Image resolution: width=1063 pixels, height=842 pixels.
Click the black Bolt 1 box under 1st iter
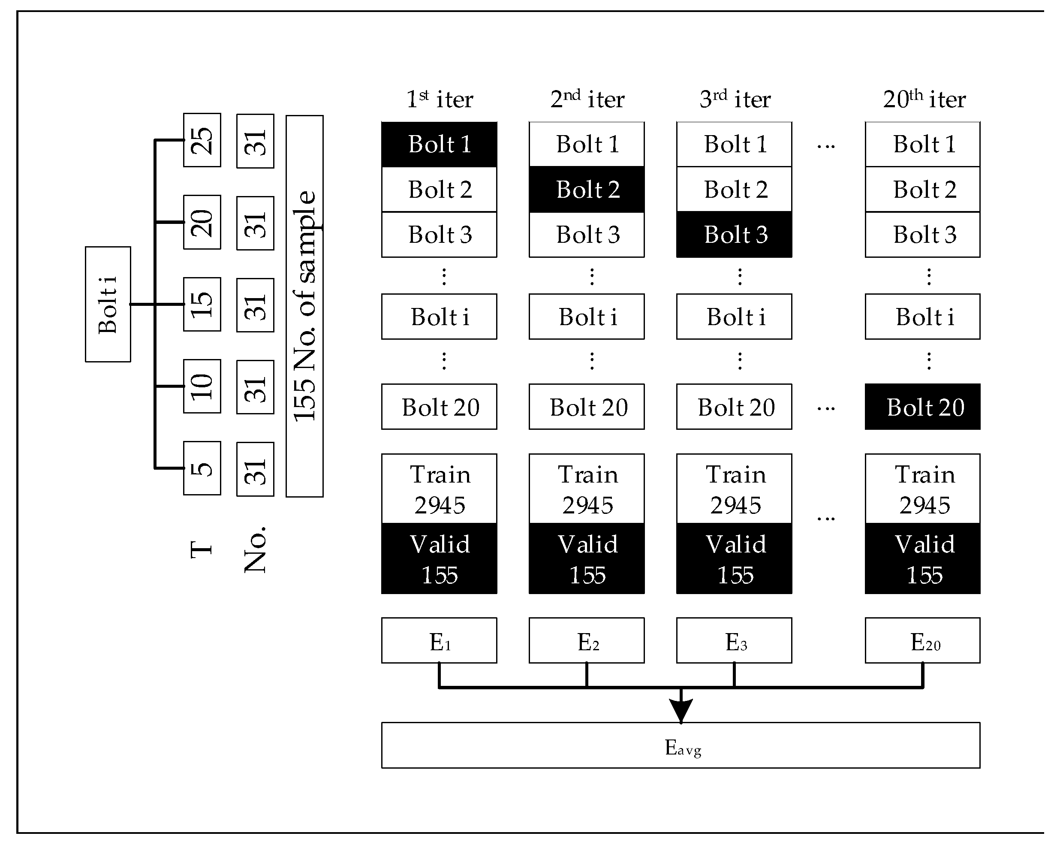click(439, 145)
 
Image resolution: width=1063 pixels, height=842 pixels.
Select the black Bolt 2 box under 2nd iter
click(587, 189)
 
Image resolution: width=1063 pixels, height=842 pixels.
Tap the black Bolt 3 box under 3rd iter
click(734, 235)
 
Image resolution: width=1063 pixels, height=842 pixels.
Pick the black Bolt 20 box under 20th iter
click(922, 407)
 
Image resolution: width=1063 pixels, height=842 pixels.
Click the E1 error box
click(439, 640)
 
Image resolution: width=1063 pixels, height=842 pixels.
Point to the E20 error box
click(922, 640)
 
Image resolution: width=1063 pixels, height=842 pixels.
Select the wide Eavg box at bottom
click(680, 745)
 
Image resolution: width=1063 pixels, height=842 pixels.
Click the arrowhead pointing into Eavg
click(681, 710)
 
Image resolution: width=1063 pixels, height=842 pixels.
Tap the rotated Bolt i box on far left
click(108, 304)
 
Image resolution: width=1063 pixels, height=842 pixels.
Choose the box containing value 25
click(202, 140)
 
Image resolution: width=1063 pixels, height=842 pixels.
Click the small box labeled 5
click(202, 468)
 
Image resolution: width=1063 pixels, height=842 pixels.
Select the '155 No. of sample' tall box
click(304, 306)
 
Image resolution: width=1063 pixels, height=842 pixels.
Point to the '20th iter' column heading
click(924, 99)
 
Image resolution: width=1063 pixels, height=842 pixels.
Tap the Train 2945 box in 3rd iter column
click(734, 489)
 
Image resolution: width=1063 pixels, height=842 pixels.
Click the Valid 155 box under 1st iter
click(439, 558)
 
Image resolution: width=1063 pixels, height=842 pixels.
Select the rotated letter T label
click(201, 549)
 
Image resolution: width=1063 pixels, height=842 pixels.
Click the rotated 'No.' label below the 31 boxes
click(255, 549)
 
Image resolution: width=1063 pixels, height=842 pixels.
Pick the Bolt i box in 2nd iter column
click(587, 317)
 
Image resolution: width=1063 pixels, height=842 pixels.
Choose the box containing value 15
click(202, 304)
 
